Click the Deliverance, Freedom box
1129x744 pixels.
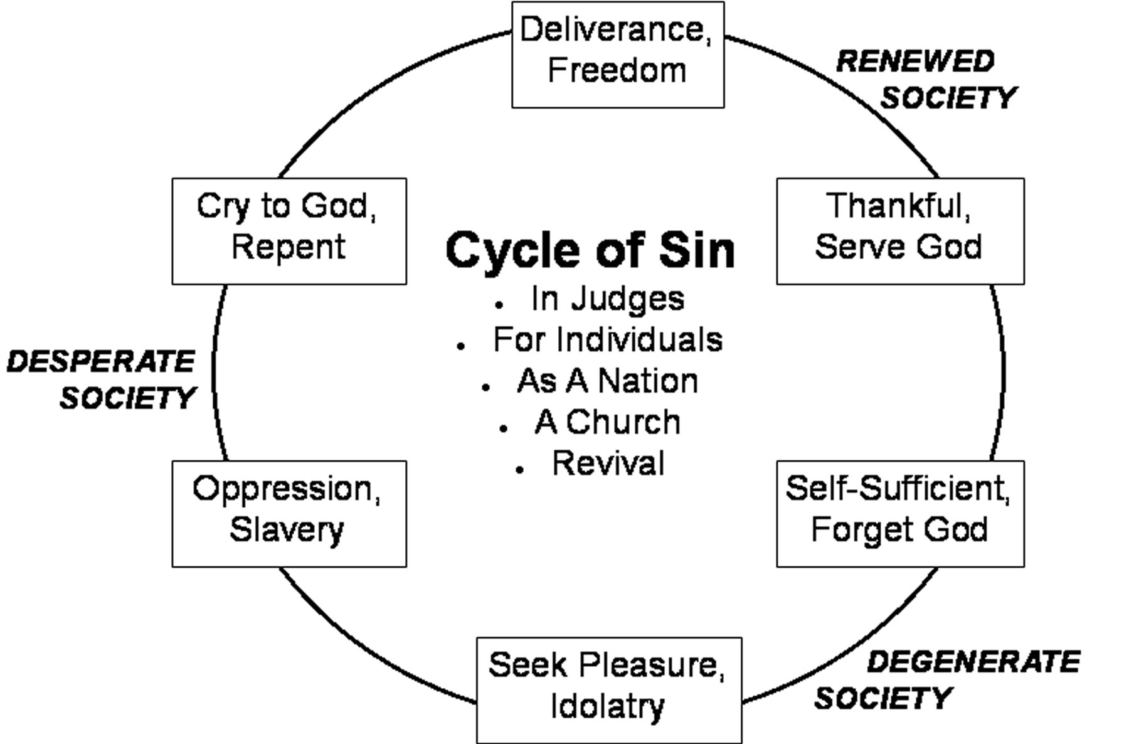click(x=618, y=55)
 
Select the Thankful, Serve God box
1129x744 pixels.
click(x=900, y=231)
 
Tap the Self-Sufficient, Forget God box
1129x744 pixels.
click(x=900, y=514)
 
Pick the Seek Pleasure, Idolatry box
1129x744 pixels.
click(x=608, y=690)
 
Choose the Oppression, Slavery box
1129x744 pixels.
click(x=289, y=514)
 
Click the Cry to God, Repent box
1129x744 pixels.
click(x=289, y=231)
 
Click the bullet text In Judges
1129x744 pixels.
click(x=607, y=299)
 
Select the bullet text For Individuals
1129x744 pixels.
click(x=607, y=340)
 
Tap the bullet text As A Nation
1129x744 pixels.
click(x=607, y=381)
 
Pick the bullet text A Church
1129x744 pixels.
click(x=607, y=422)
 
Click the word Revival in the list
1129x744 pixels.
click(x=608, y=464)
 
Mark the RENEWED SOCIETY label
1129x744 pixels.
click(x=926, y=80)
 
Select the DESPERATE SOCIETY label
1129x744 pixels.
click(x=102, y=380)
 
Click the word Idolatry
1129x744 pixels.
click(x=607, y=707)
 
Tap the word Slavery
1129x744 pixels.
click(x=287, y=530)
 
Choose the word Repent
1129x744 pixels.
click(x=289, y=247)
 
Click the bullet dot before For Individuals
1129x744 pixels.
click(x=461, y=346)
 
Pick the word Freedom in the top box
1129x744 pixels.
click(x=617, y=70)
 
